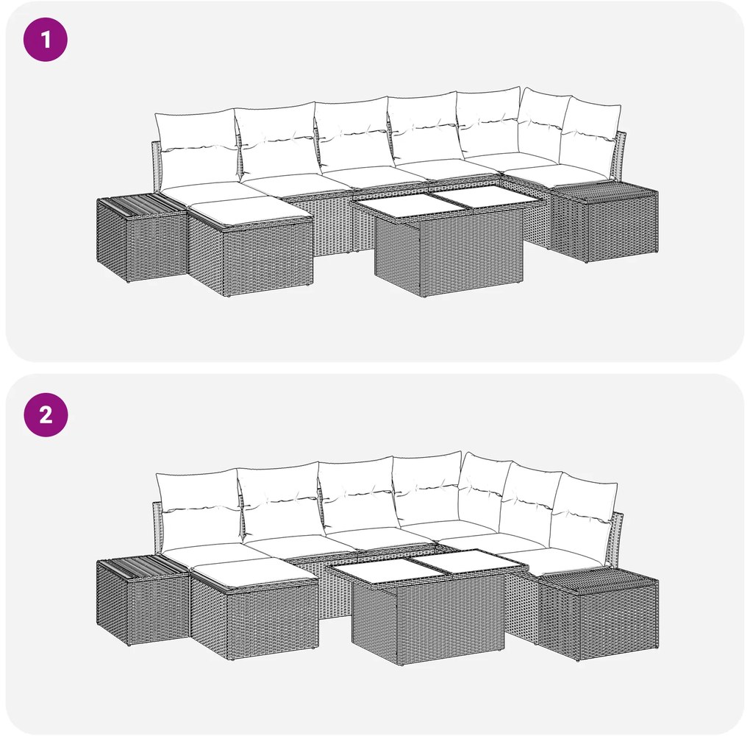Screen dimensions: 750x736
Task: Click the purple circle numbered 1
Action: pos(46,39)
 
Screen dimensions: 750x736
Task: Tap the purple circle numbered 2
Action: pos(46,414)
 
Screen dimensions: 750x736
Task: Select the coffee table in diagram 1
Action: pos(447,242)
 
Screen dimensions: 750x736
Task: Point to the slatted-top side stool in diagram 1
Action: pos(141,237)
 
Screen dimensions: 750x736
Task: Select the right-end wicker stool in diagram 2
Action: pos(598,615)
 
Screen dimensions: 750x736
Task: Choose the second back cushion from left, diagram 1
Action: pos(277,142)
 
